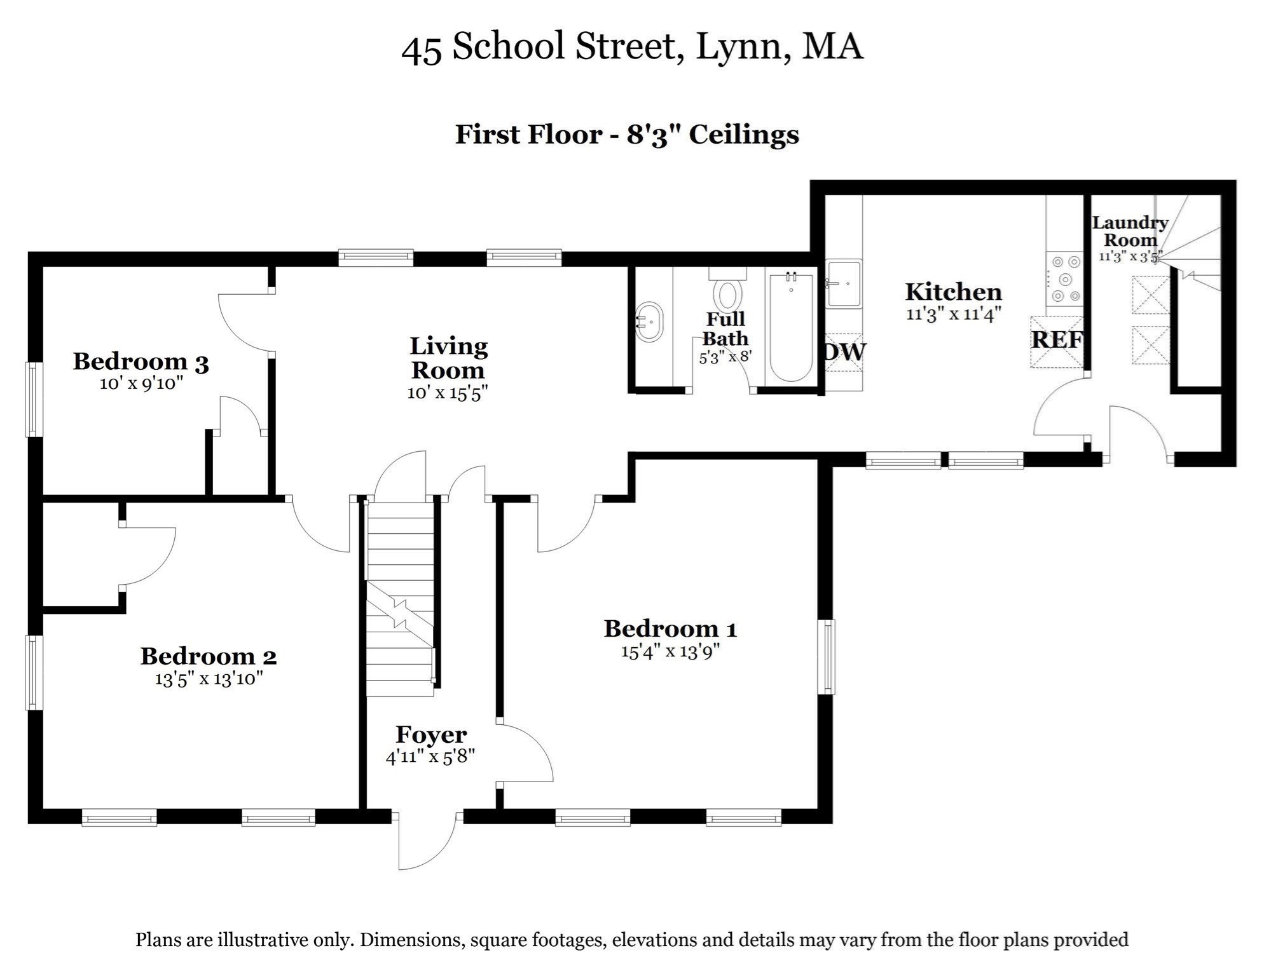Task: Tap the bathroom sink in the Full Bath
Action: pyautogui.click(x=649, y=322)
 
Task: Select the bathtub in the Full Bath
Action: pyautogui.click(x=791, y=327)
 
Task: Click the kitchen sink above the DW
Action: pyautogui.click(x=843, y=283)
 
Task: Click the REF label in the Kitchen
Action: pyautogui.click(x=1056, y=340)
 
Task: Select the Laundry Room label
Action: pyautogui.click(x=1130, y=231)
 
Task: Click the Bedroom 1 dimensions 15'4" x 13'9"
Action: pyautogui.click(x=670, y=652)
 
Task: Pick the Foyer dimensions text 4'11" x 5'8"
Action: pyautogui.click(x=430, y=757)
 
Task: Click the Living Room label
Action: pyautogui.click(x=448, y=358)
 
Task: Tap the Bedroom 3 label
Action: pyautogui.click(x=141, y=362)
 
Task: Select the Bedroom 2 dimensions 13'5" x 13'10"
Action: pyautogui.click(x=209, y=679)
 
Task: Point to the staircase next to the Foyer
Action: pyautogui.click(x=399, y=597)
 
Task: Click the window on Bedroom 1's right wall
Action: pyautogui.click(x=827, y=657)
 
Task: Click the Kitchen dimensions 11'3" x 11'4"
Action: pyautogui.click(x=953, y=314)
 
